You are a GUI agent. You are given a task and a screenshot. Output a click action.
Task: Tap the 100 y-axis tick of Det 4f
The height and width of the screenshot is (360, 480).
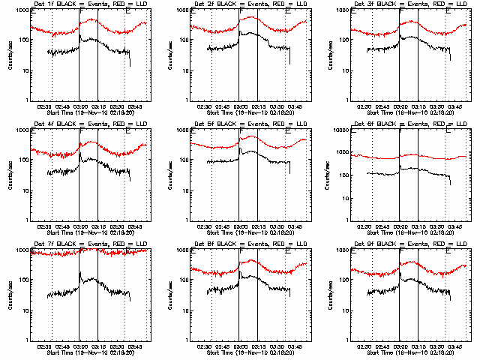[22, 160]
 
